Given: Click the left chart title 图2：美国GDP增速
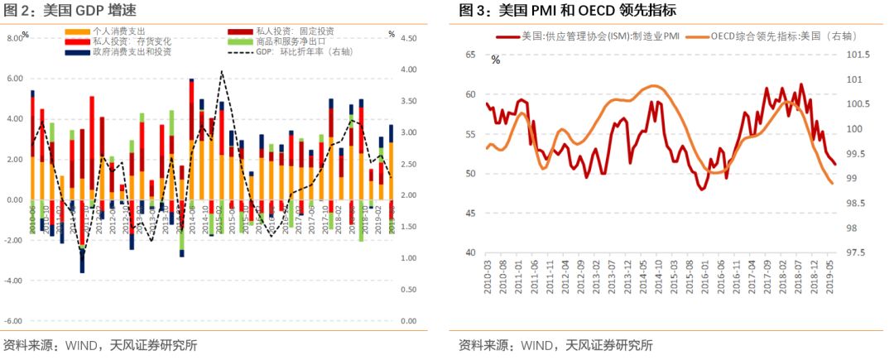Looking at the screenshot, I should pos(70,11).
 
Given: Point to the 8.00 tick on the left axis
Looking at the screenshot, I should pos(16,39).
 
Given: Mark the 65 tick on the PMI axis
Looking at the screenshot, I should pos(471,55).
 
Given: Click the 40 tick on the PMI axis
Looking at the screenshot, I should pos(471,253).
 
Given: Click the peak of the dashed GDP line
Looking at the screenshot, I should pos(222,72).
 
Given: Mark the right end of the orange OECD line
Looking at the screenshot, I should pos(832,184).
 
